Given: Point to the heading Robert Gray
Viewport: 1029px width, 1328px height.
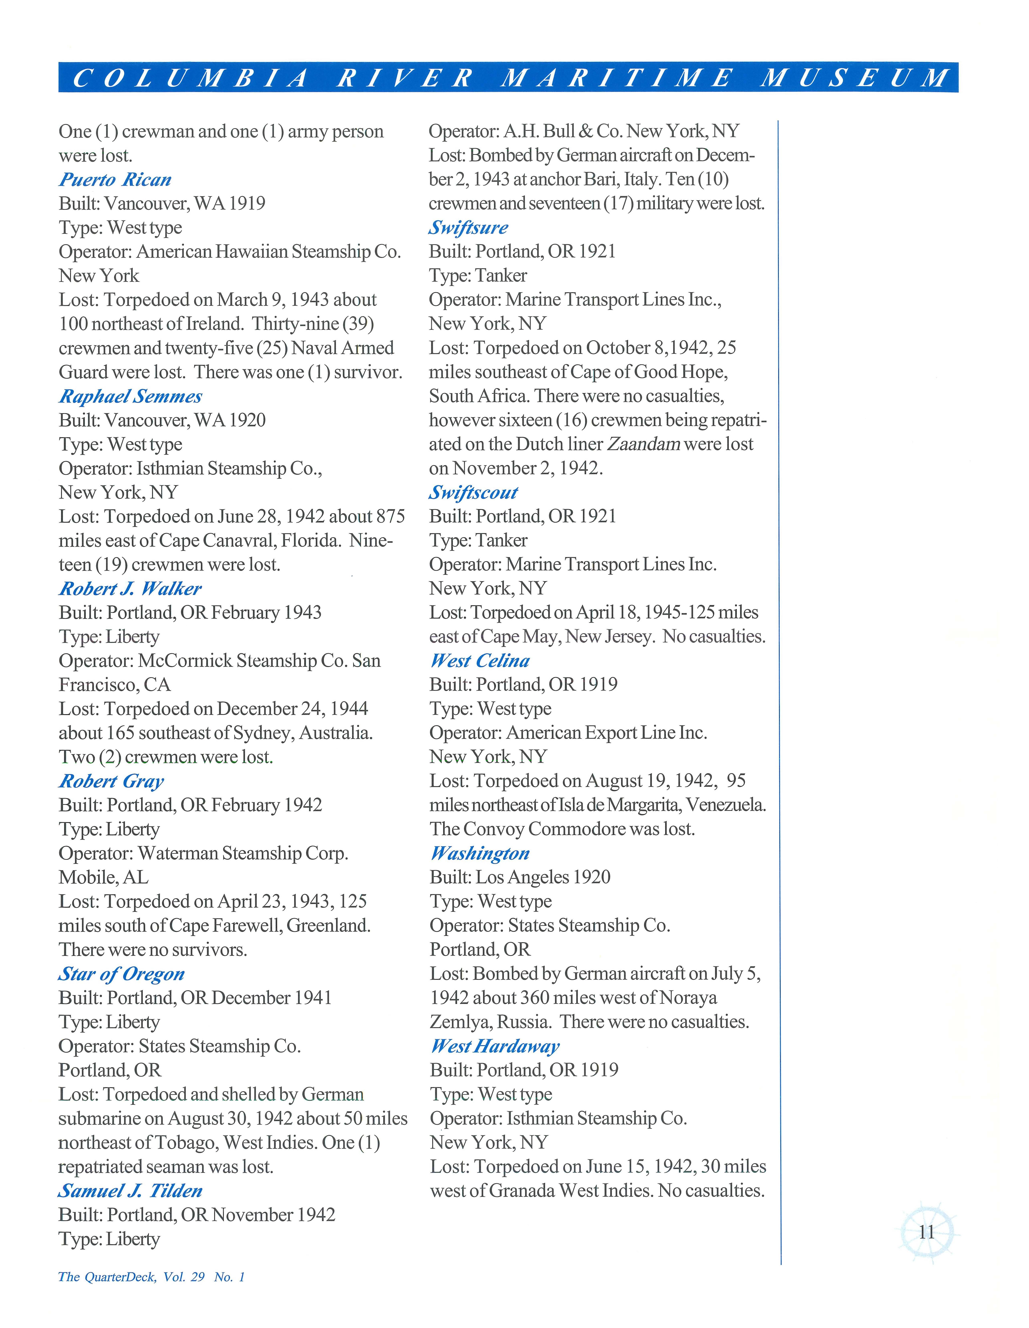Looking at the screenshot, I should tap(111, 781).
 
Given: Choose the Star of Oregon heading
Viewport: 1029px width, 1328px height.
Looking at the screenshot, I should tap(121, 974).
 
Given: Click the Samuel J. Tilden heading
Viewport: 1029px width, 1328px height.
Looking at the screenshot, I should tap(130, 1191).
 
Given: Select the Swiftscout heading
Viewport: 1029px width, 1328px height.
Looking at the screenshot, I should tap(473, 492).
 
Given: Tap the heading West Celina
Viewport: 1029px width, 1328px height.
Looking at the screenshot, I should tap(480, 661).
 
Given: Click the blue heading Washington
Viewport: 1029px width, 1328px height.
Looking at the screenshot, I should tap(480, 854).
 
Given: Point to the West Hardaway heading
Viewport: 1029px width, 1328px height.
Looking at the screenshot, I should tap(494, 1046).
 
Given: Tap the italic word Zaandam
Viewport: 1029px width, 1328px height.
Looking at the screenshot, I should tap(643, 444).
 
